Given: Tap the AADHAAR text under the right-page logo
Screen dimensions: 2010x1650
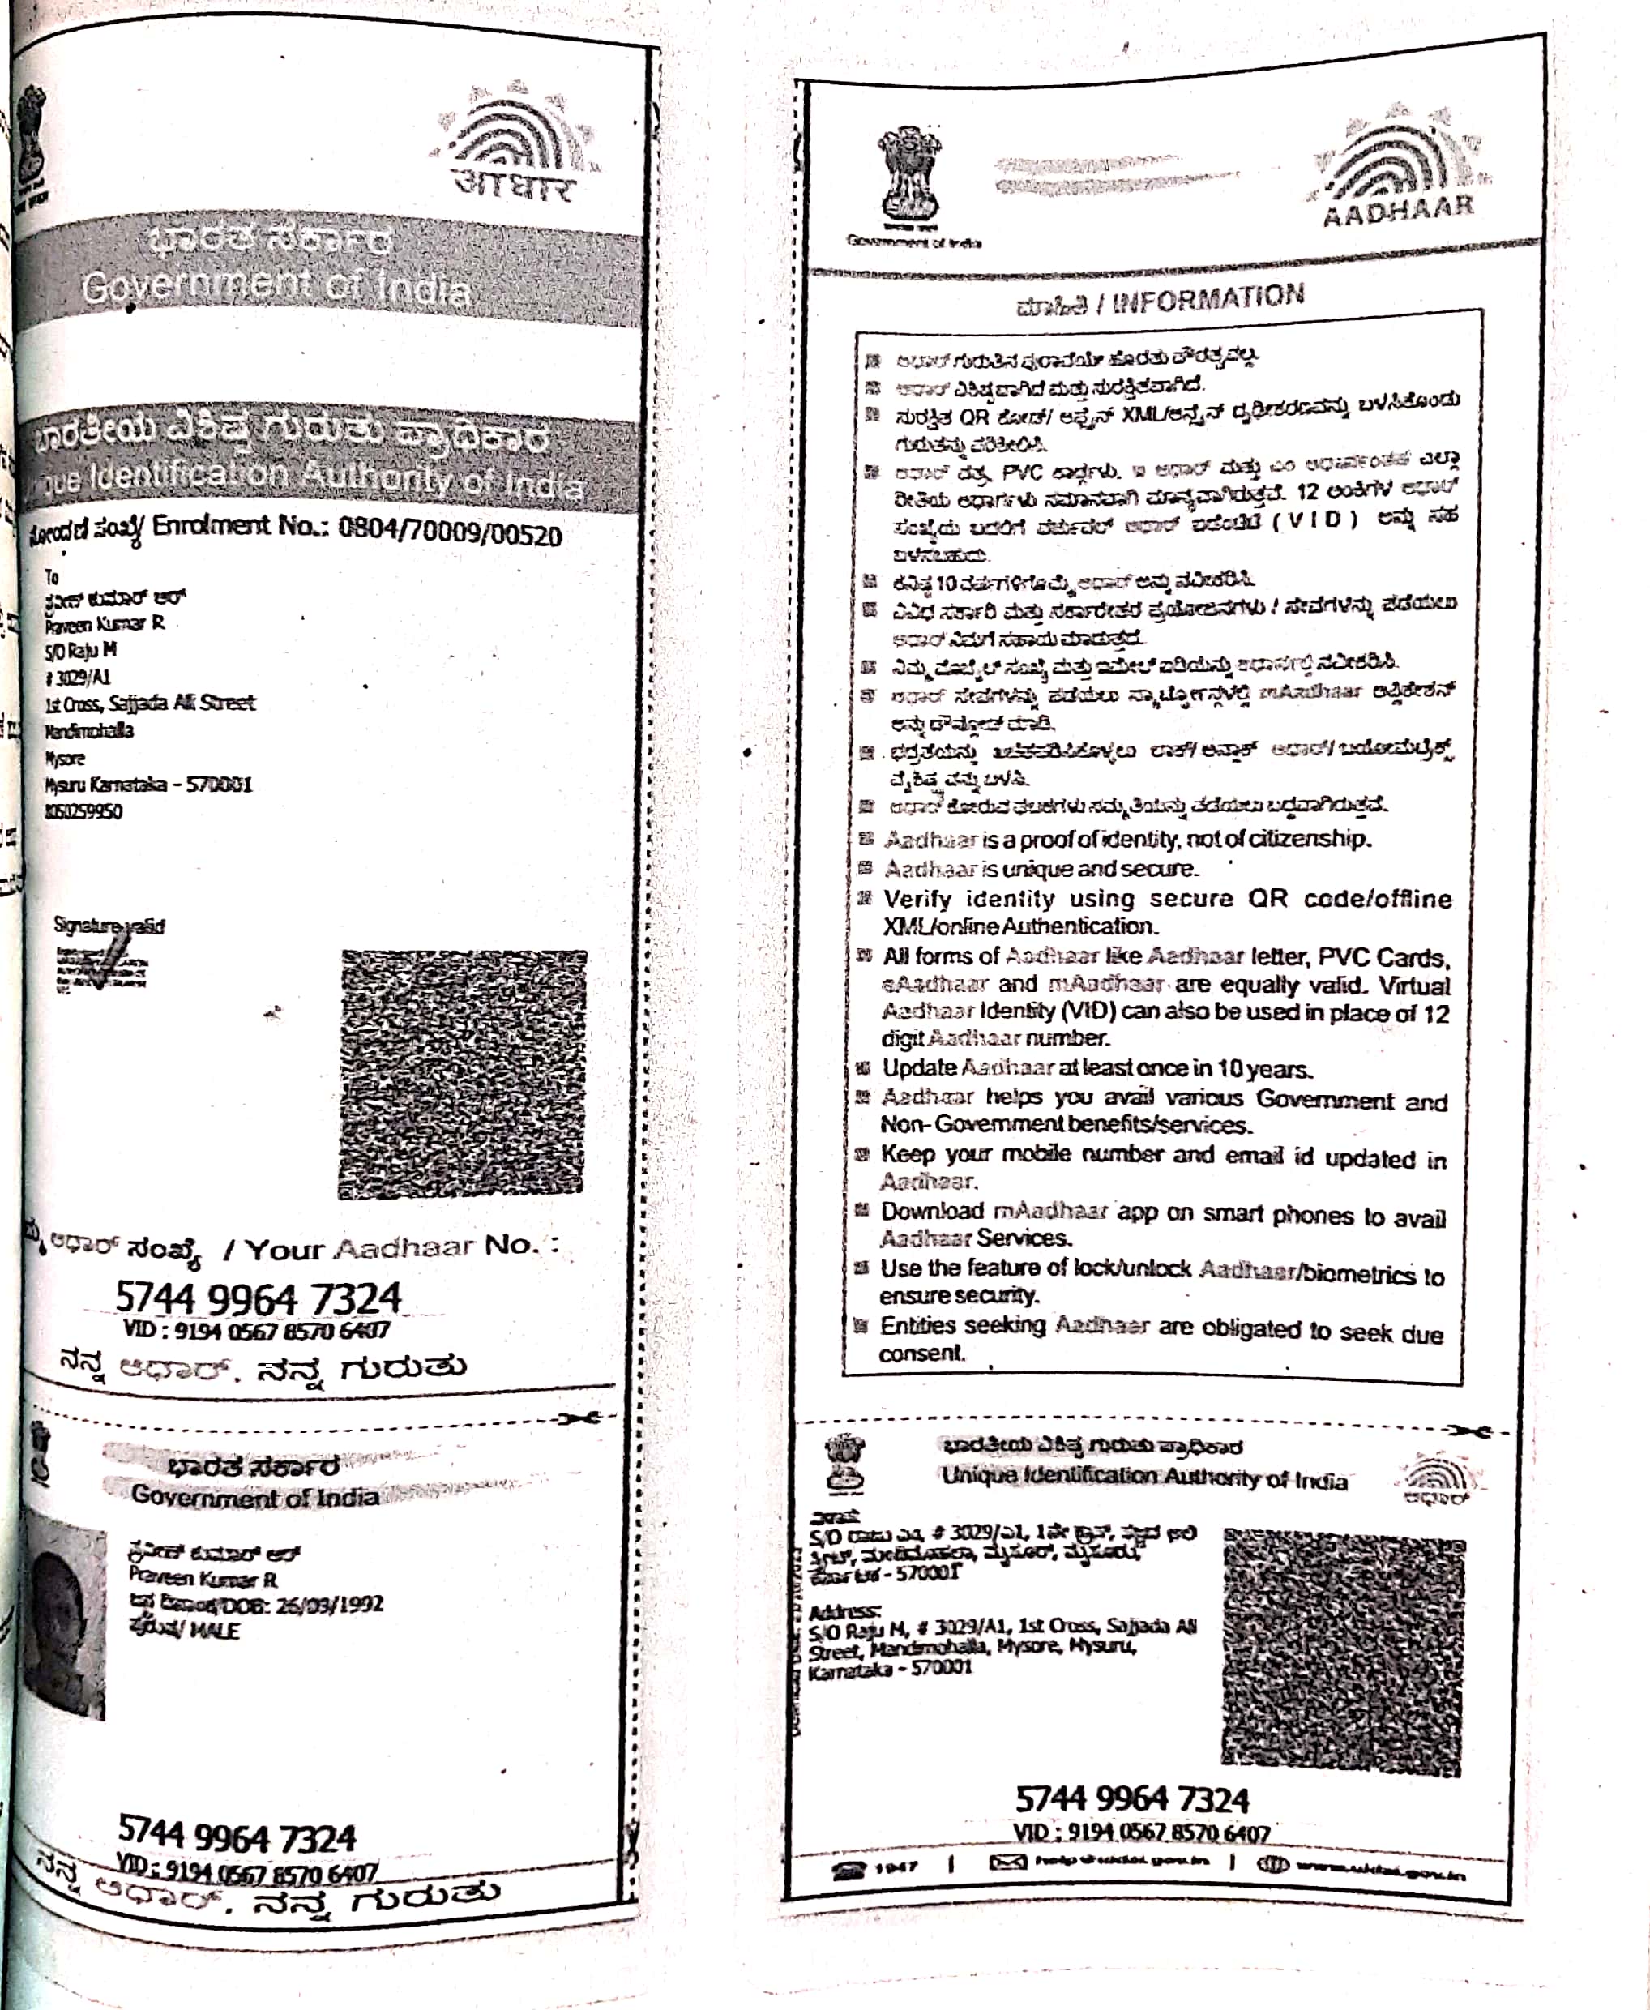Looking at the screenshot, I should click(x=1398, y=210).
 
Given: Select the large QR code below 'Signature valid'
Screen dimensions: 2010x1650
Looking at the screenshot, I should click(x=463, y=1073).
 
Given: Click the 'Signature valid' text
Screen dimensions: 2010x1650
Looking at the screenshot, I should click(x=109, y=926).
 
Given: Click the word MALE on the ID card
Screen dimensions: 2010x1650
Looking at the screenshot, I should click(x=216, y=1631).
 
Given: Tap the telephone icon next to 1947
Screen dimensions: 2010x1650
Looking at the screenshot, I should click(x=849, y=1867).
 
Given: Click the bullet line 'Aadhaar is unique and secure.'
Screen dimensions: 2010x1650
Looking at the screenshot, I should click(x=1040, y=869).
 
